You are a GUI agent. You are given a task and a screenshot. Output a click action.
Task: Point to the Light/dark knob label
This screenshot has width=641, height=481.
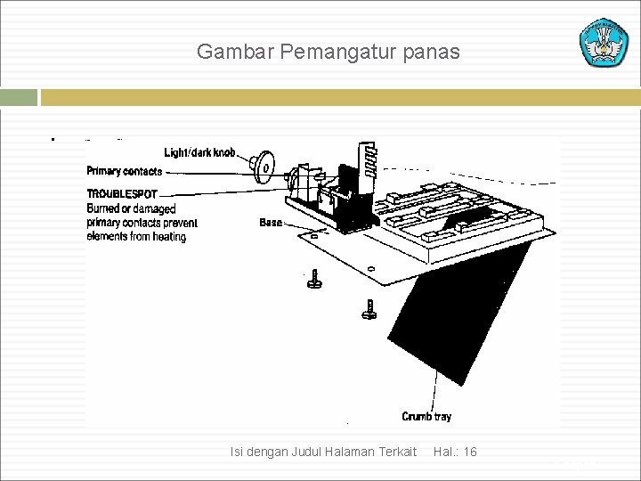pos(200,152)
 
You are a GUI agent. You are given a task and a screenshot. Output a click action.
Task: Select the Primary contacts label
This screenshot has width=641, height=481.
pos(125,171)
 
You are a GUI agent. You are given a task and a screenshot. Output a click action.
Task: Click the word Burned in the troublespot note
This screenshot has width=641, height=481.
pos(103,208)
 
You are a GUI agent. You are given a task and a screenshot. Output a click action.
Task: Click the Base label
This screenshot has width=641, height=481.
pos(271,222)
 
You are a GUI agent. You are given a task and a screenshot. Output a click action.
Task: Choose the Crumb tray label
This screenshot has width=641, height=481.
pos(426,416)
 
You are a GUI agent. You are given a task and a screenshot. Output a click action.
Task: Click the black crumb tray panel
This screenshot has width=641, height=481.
pos(463,312)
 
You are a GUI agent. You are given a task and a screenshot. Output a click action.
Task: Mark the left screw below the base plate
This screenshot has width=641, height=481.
pos(313,281)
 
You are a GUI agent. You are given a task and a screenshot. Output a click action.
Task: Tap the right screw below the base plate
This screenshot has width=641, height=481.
pos(369,309)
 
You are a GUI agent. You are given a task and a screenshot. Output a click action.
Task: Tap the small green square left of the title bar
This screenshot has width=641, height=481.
pos(19,97)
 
